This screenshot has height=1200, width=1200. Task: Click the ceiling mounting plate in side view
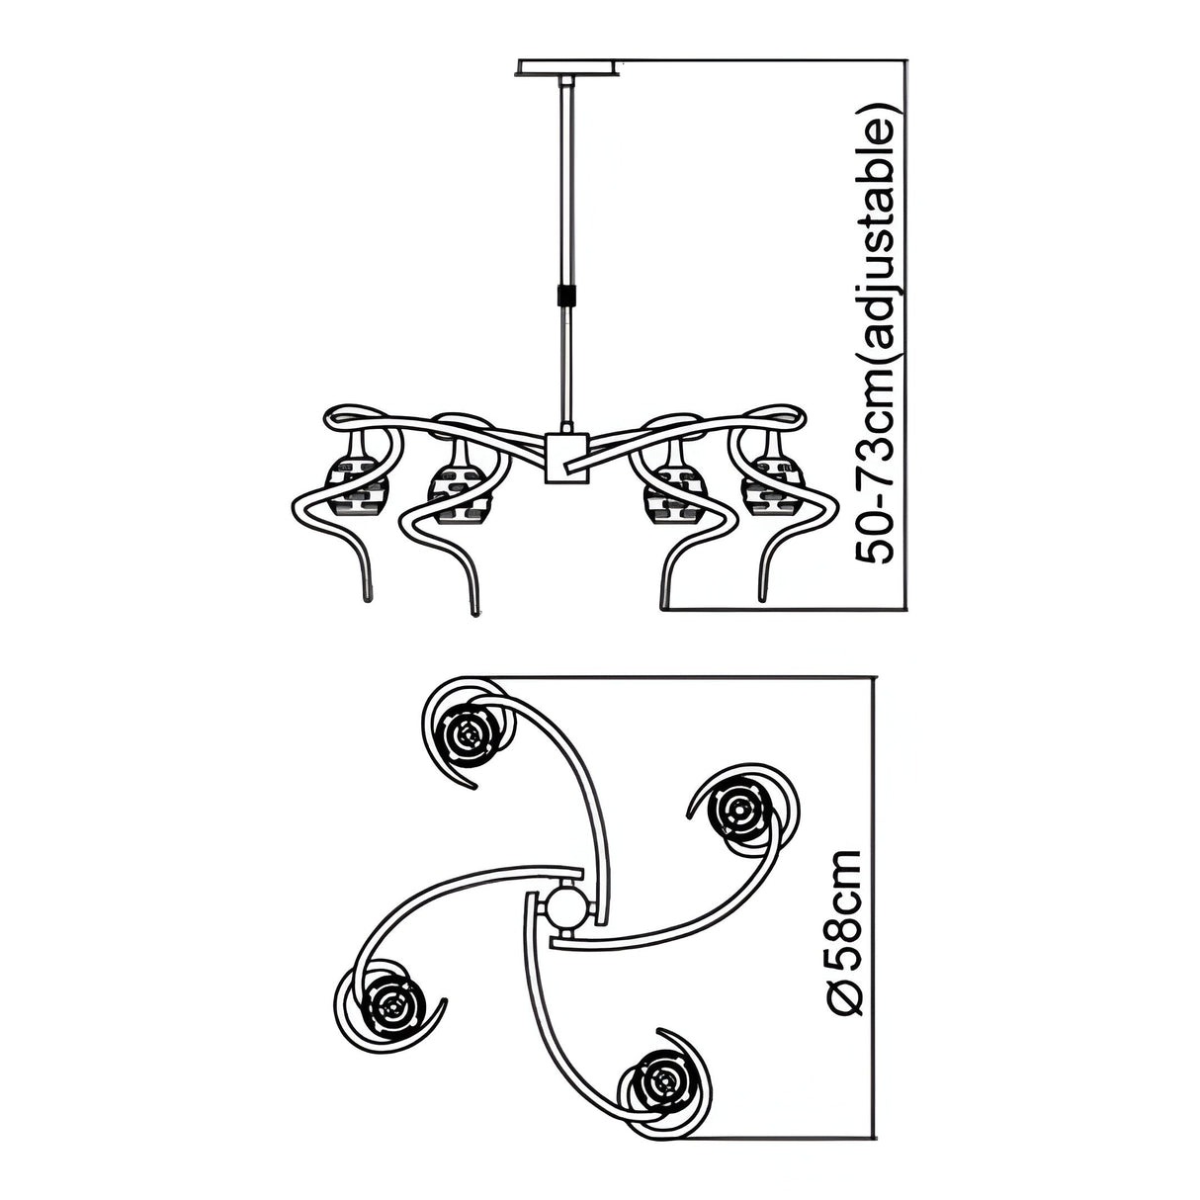(568, 67)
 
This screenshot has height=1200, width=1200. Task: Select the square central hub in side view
(566, 459)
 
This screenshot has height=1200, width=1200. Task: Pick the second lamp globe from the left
(460, 483)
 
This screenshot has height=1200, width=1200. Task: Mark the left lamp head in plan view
(391, 1004)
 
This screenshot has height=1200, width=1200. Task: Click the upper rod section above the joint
(566, 181)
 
